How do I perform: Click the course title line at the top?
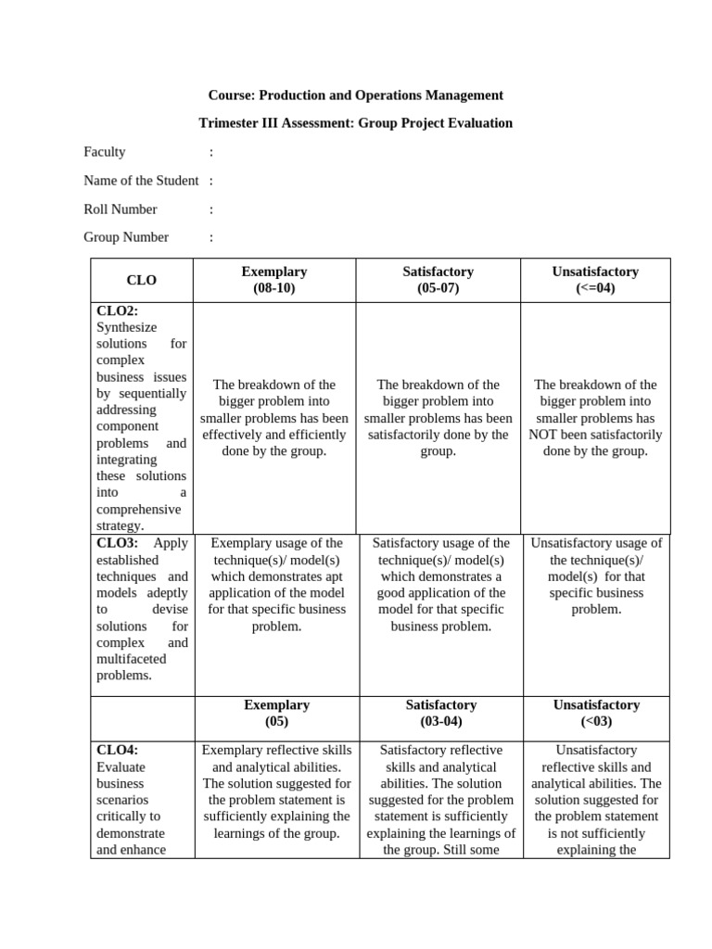(x=356, y=95)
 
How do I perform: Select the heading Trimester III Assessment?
(x=356, y=122)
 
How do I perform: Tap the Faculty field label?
(x=105, y=151)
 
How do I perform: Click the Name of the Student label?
(x=141, y=180)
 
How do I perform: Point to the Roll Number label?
(x=121, y=209)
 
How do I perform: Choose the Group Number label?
(x=126, y=236)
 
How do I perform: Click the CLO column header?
(x=142, y=280)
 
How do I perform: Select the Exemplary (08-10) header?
(x=273, y=280)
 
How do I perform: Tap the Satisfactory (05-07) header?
(x=438, y=280)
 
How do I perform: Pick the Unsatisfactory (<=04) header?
(x=595, y=280)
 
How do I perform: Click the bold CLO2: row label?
(x=117, y=310)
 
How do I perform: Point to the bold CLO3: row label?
(x=117, y=543)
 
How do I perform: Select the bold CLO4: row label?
(x=117, y=750)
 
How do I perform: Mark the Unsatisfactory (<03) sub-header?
(x=596, y=713)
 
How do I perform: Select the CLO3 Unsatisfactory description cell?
(x=596, y=576)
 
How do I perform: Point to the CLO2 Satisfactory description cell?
(x=439, y=418)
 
